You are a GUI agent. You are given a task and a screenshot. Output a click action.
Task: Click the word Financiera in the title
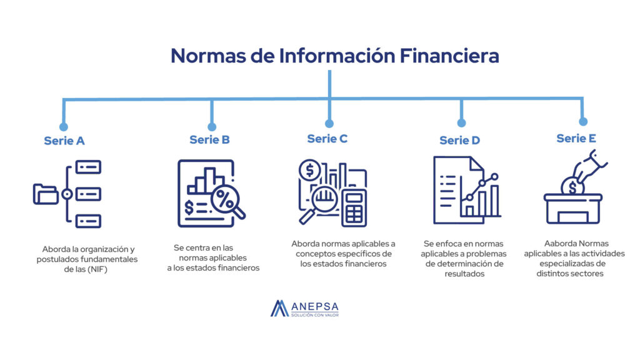449,56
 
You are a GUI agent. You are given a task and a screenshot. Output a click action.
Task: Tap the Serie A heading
64,141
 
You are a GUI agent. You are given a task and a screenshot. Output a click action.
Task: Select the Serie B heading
209,139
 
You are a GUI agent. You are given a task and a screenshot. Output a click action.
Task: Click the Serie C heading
327,139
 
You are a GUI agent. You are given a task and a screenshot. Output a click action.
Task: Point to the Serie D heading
459,141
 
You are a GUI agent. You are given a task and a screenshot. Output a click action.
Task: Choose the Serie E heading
576,138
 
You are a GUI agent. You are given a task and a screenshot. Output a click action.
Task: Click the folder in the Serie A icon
45,194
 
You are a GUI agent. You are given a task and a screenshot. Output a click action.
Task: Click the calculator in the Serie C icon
354,207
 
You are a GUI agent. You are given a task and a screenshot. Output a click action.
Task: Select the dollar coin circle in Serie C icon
309,170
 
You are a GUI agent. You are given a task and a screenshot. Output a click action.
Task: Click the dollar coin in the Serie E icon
572,186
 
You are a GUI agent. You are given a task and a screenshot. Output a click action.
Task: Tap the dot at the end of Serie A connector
63,126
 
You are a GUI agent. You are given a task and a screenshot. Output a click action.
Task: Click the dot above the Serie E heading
583,121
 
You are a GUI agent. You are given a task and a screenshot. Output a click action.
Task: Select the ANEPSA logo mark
279,309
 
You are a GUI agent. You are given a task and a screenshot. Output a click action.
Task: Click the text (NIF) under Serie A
97,269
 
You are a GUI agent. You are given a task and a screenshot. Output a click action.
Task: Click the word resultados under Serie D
464,274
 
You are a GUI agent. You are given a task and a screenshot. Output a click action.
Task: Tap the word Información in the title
337,56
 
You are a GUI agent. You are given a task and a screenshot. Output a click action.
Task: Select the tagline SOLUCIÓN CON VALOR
315,315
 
